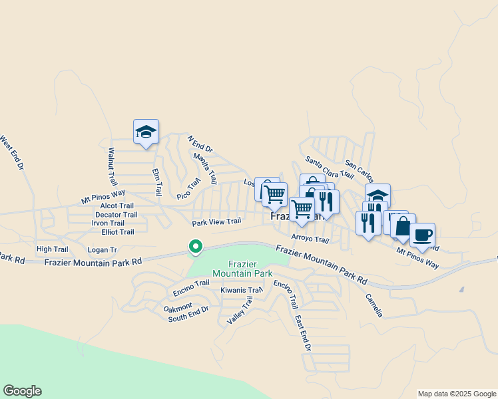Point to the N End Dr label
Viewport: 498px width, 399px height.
(x=200, y=144)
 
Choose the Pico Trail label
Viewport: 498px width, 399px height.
(x=188, y=188)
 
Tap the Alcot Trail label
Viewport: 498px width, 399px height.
(x=117, y=206)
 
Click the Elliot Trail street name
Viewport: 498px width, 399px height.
(x=118, y=232)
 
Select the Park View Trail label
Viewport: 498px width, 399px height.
(x=216, y=222)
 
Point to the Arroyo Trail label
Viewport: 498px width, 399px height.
(x=310, y=239)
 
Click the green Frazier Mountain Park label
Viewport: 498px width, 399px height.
(x=242, y=269)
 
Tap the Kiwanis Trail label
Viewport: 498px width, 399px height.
(x=242, y=290)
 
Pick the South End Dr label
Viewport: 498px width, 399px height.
(x=188, y=318)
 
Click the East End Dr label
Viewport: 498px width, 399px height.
(x=303, y=333)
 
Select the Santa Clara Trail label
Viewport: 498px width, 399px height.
(x=329, y=168)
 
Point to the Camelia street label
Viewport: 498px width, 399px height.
(x=373, y=305)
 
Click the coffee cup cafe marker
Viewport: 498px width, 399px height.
(x=422, y=235)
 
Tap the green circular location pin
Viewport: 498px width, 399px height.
(x=196, y=247)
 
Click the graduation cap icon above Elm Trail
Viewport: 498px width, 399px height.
(x=146, y=132)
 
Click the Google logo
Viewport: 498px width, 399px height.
(x=22, y=391)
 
